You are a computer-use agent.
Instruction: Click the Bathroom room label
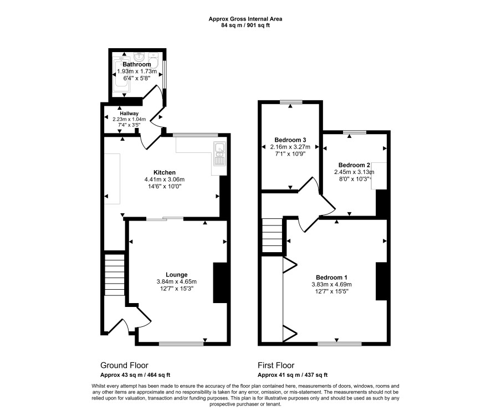[x=136, y=64]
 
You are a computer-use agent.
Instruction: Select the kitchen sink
[x=219, y=153]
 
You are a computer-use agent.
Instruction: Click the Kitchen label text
[x=165, y=172]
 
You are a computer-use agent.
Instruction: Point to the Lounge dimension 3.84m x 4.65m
[x=177, y=281]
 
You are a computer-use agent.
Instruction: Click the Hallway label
[x=129, y=113]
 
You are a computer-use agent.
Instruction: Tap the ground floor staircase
[x=114, y=274]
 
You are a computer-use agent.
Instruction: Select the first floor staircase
[x=273, y=235]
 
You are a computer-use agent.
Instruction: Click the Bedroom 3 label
[x=290, y=140]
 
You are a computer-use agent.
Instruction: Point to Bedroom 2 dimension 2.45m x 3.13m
[x=354, y=172]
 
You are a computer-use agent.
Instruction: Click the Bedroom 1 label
[x=331, y=277]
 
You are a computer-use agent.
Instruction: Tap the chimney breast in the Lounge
[x=220, y=283]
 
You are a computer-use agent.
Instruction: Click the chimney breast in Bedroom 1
[x=381, y=281]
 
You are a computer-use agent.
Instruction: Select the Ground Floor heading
[x=124, y=365]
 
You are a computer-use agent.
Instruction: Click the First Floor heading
[x=276, y=365]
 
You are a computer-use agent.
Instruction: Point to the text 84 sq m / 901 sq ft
[x=245, y=25]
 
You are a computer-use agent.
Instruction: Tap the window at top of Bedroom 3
[x=291, y=102]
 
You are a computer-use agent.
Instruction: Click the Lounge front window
[x=181, y=344]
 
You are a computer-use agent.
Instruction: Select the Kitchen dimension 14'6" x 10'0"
[x=165, y=187]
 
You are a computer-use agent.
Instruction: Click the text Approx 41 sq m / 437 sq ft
[x=293, y=375]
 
